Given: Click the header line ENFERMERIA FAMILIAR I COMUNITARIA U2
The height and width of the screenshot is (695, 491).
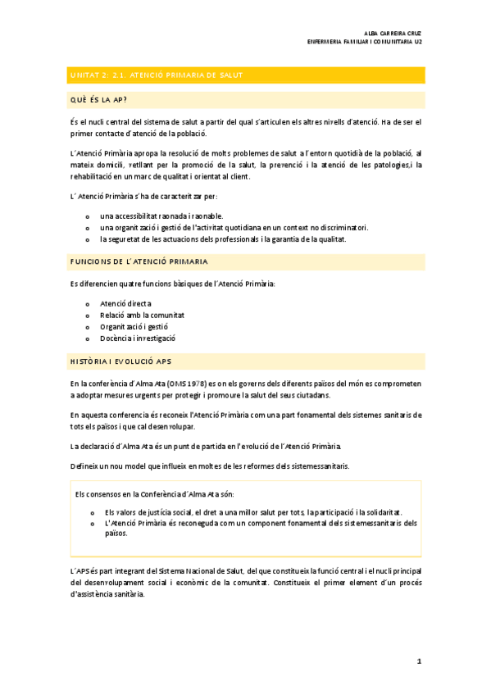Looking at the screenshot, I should pos(364,43).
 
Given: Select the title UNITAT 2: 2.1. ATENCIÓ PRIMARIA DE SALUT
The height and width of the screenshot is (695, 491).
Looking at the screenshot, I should pos(156,75).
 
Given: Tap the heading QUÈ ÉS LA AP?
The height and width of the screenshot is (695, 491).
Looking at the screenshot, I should pos(98,101).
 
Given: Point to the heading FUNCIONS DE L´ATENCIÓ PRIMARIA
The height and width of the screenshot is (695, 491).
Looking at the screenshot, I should pos(139,261).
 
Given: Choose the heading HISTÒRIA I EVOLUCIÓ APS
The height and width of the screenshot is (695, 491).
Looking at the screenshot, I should pos(120,361).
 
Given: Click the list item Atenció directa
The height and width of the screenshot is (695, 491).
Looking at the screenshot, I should pos(125,303).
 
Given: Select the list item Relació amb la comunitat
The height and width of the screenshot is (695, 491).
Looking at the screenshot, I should pos(142,315).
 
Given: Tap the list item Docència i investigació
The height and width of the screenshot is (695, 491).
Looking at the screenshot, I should pos(138,338).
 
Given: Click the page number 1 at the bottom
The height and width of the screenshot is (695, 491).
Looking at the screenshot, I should pos(419,661).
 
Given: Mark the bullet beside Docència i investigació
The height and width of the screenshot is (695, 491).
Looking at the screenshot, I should pos(87,338).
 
